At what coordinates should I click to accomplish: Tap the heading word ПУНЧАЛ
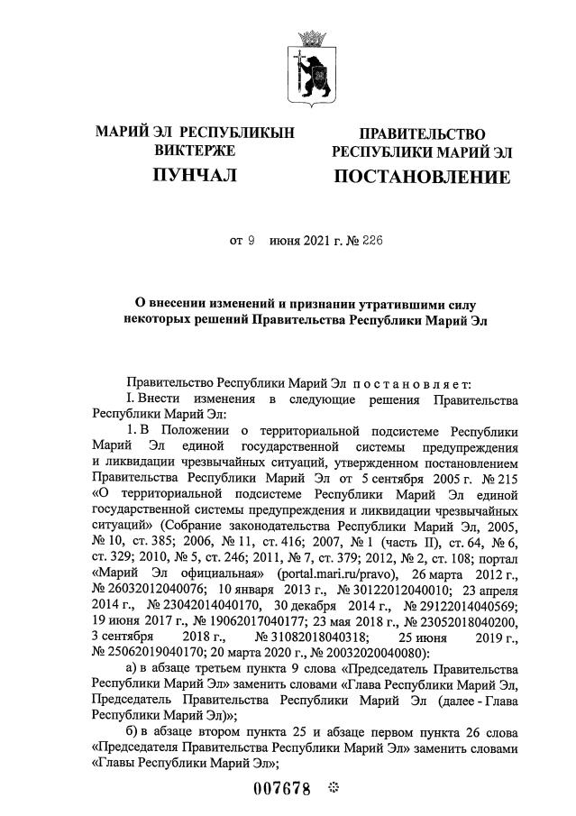[195, 175]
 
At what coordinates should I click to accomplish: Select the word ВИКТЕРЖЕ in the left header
[195, 150]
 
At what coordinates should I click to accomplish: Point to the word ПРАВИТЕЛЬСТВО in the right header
[422, 133]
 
